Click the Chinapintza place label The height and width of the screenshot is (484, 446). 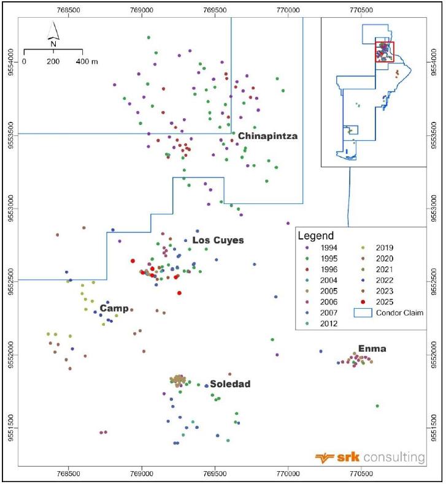click(267, 136)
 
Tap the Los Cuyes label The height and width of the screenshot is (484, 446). click(218, 240)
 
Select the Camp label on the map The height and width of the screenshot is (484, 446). click(114, 308)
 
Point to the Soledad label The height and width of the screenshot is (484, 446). click(230, 384)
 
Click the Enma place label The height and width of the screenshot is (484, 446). click(372, 349)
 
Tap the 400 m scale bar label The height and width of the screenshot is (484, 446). click(87, 61)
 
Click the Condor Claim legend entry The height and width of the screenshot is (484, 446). click(388, 312)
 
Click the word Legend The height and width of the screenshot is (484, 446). click(315, 236)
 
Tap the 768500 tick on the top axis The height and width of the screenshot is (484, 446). click(68, 10)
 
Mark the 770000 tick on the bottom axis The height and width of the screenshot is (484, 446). click(288, 473)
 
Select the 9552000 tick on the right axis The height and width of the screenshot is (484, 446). click(434, 355)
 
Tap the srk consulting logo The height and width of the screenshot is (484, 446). click(370, 457)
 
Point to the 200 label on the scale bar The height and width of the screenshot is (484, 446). click(53, 61)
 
